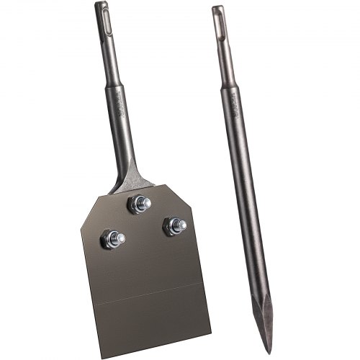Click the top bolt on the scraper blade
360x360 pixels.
click(x=138, y=204)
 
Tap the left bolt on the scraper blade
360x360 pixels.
click(x=113, y=238)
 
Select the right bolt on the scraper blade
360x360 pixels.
click(x=174, y=225)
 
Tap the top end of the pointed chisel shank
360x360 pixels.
click(x=217, y=8)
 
